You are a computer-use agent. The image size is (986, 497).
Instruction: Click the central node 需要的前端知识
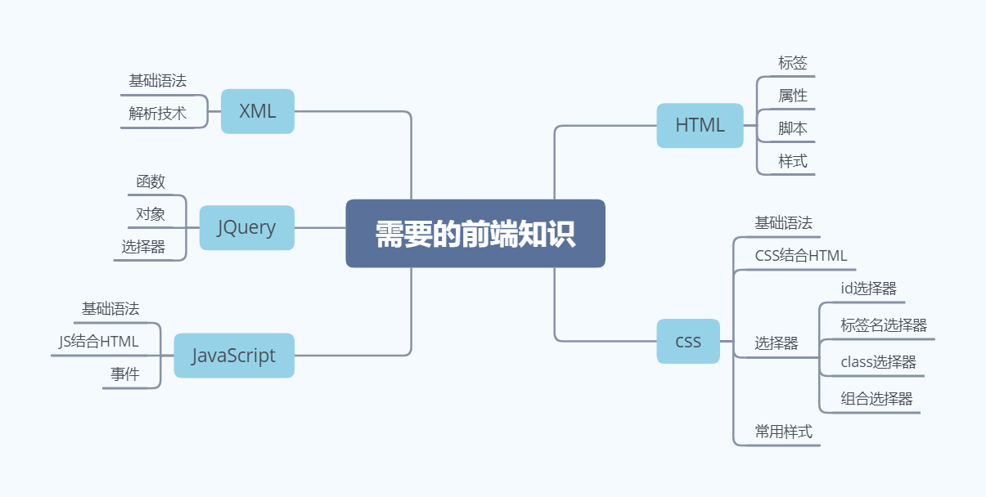[x=475, y=234]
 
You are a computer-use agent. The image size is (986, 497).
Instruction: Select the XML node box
[x=257, y=111]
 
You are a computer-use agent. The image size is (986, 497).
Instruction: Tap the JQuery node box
[x=246, y=227]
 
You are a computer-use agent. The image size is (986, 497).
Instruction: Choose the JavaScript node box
[x=234, y=356]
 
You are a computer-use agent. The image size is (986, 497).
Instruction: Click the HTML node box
[x=700, y=125]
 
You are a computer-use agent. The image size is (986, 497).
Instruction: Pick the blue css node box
[x=688, y=341]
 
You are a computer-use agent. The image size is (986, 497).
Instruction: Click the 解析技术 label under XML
[x=157, y=114]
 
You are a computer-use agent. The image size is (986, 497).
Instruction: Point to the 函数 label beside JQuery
[x=151, y=181]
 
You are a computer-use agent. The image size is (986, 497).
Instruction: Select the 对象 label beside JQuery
[x=151, y=214]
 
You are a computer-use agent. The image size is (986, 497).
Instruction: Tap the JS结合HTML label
[x=99, y=342]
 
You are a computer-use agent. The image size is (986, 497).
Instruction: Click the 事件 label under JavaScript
[x=124, y=374]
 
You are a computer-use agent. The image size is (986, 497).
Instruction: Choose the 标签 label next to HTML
[x=793, y=63]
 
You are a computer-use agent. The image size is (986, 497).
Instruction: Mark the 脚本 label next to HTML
[x=793, y=128]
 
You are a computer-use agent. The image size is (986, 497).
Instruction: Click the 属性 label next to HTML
[x=793, y=96]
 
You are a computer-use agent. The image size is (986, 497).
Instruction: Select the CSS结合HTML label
[x=801, y=256]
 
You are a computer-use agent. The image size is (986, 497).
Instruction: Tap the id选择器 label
[x=868, y=289]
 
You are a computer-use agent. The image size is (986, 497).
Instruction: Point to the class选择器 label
[x=878, y=362]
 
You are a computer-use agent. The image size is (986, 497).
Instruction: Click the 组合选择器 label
[x=876, y=399]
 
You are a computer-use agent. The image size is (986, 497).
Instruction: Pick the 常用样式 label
[x=783, y=432]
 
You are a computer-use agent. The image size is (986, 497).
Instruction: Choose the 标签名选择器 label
[x=884, y=325]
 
